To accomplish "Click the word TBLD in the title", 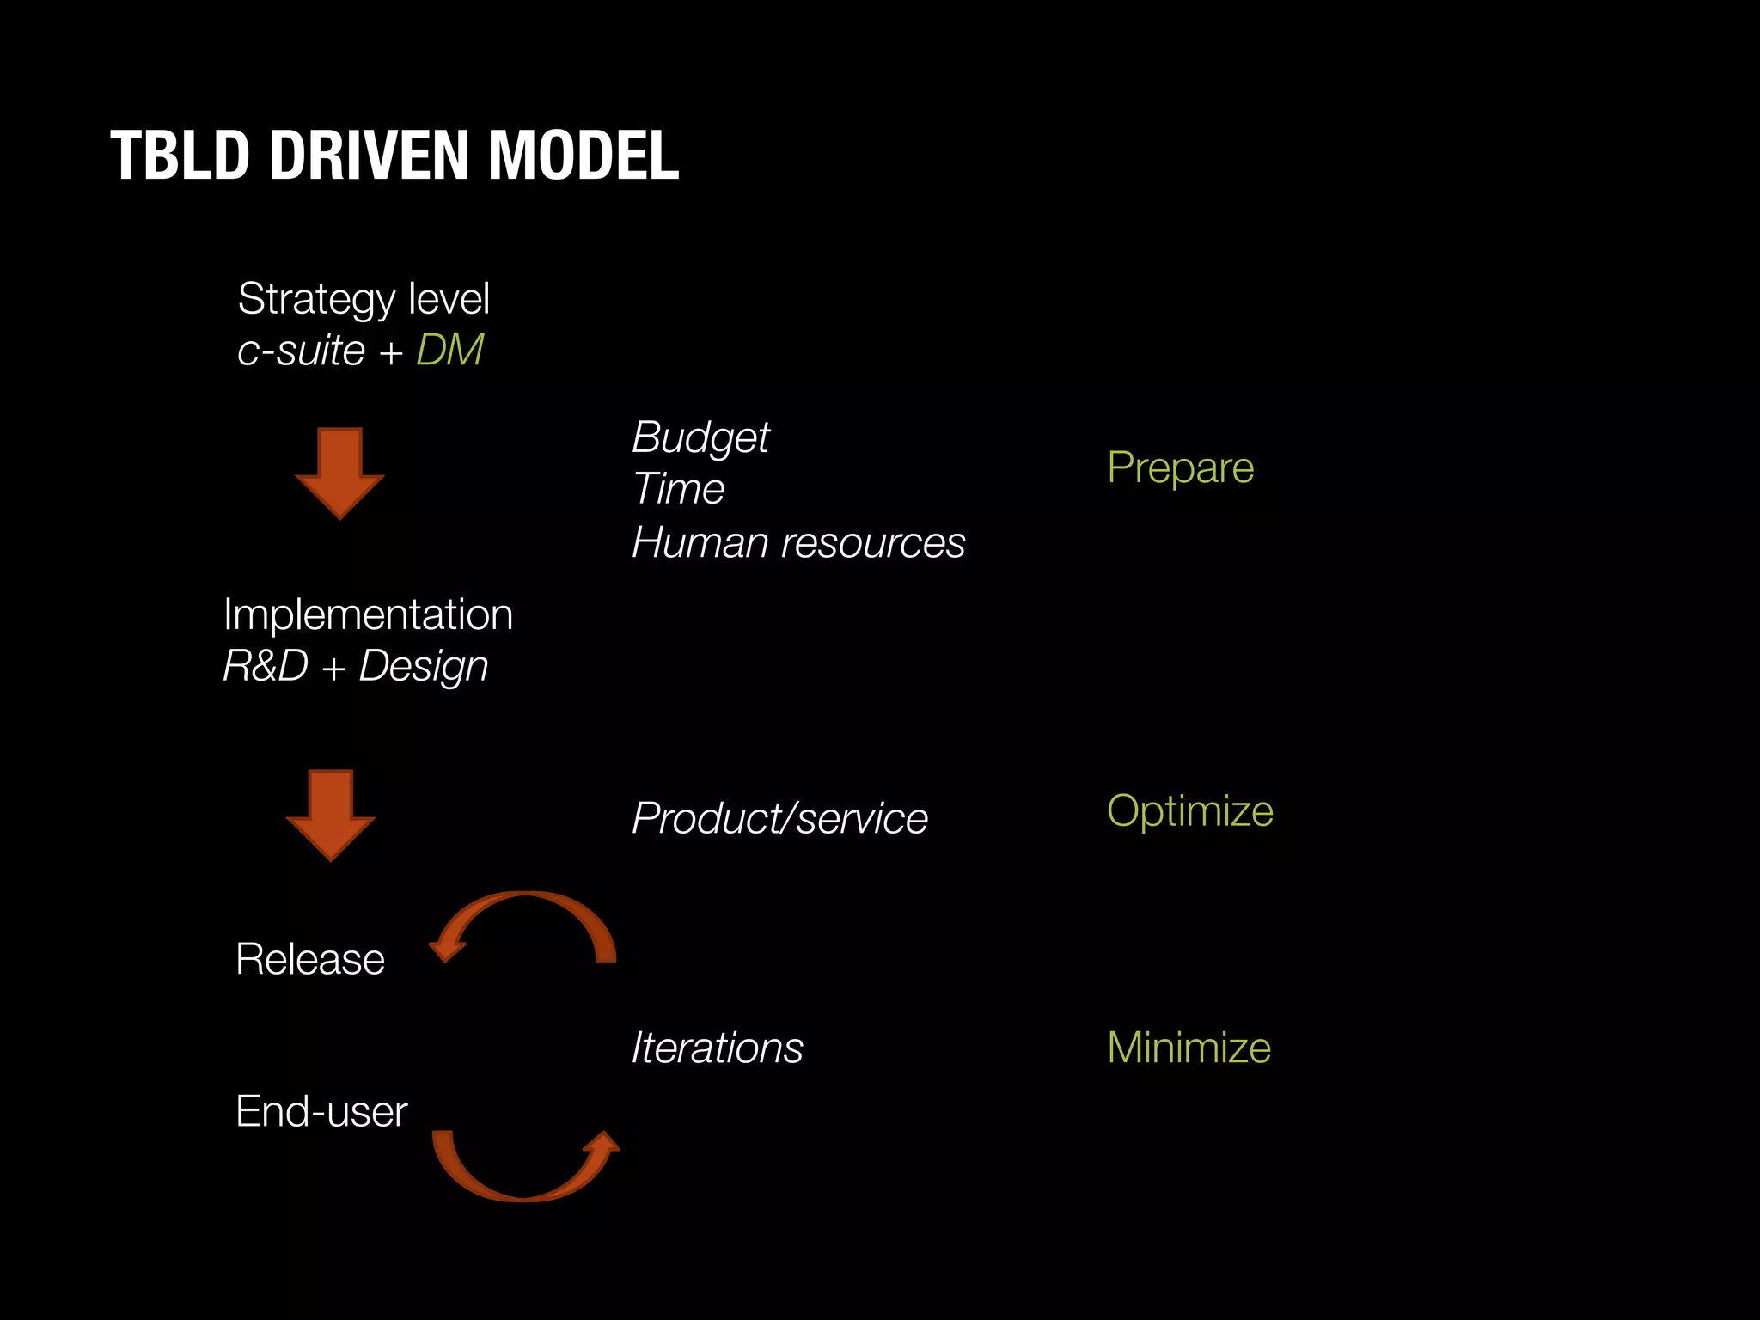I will [180, 156].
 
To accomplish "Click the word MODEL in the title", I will [584, 156].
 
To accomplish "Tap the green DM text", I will [449, 351].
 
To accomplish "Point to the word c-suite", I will [301, 351].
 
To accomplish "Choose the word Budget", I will [700, 438].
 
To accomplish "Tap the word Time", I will [678, 489].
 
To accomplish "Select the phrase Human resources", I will [798, 543].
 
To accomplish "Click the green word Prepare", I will [1180, 468].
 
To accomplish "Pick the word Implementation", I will [368, 614].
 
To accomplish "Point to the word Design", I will [424, 667].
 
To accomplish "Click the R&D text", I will [266, 666].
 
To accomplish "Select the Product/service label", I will [779, 818].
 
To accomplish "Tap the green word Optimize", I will [1189, 811].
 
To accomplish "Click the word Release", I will [310, 959].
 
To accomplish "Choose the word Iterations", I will [717, 1048].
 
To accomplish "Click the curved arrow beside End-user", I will [524, 1169].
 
